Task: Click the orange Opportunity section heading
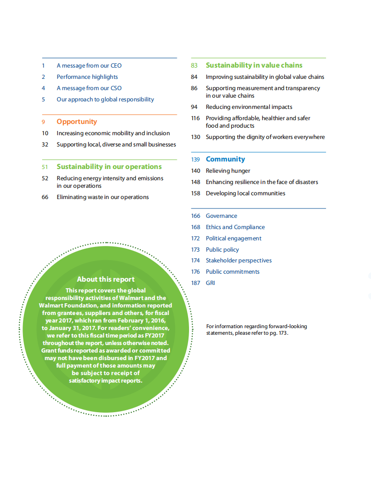[76, 122]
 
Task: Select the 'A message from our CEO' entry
[89, 66]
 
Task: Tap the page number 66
[45, 197]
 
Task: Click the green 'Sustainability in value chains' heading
[254, 65]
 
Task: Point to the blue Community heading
[225, 159]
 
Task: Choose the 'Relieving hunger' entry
[228, 171]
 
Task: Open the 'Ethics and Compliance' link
[235, 227]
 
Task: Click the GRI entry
[210, 283]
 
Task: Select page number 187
[196, 283]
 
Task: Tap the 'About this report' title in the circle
[106, 279]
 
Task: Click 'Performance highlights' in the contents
[87, 77]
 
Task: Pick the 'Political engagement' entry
[234, 238]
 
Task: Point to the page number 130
[196, 137]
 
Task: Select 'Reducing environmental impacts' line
[249, 107]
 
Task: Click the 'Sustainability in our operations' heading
[109, 167]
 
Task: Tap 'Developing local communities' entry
[245, 193]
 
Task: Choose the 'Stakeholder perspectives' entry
[238, 261]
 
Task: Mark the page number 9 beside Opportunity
[44, 122]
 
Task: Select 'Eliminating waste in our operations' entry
[103, 197]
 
